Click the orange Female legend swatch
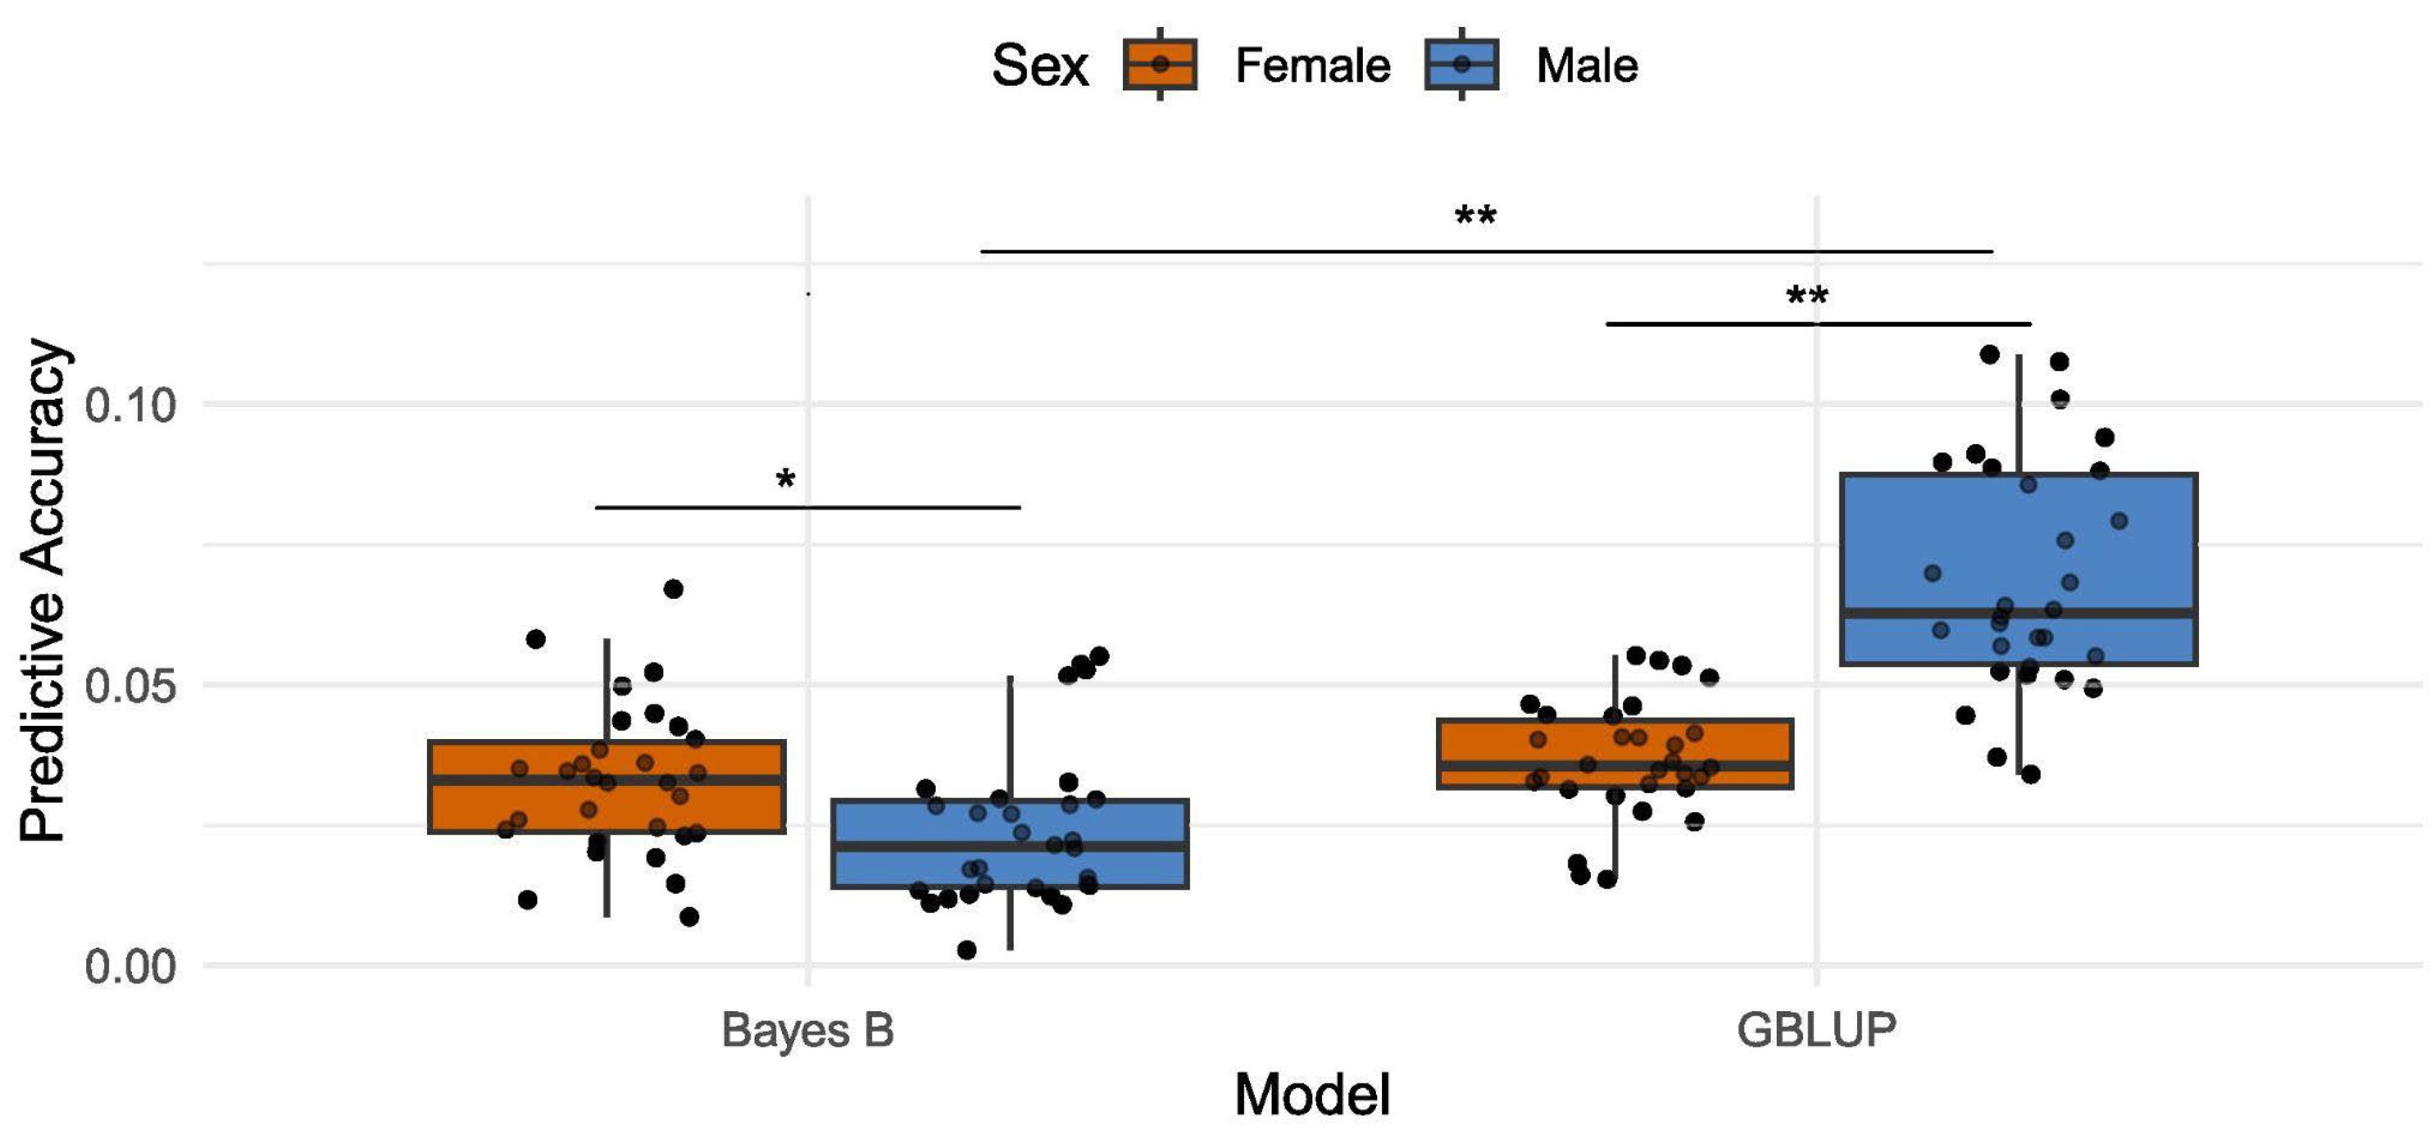tap(1160, 65)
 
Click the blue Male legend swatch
tap(1462, 65)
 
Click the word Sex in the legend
tap(1039, 66)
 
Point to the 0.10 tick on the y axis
tap(130, 405)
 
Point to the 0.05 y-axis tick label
tap(130, 685)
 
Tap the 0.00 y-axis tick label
tap(130, 966)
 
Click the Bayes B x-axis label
tap(807, 1030)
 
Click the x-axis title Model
tap(1312, 1095)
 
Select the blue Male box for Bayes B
tap(1010, 864)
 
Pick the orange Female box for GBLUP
tap(1615, 742)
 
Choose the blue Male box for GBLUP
tap(2018, 548)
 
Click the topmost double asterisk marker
tap(1475, 216)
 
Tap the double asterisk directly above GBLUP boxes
tap(1806, 296)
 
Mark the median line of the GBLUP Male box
tap(2018, 613)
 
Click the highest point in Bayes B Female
tap(673, 589)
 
